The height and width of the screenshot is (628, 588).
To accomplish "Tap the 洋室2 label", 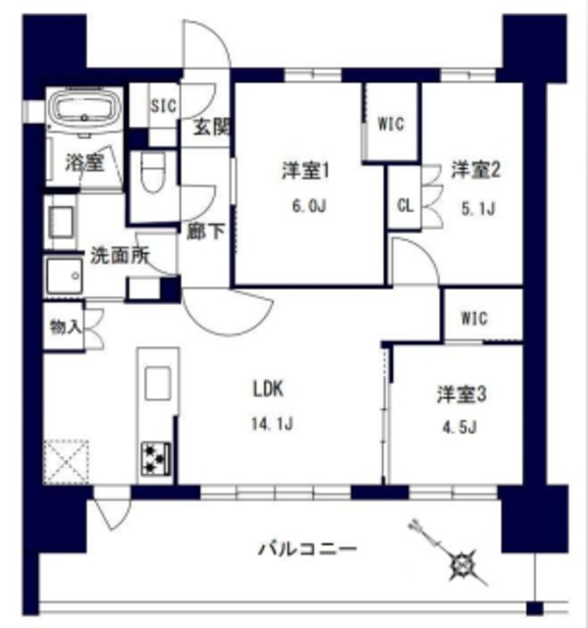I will pyautogui.click(x=476, y=171).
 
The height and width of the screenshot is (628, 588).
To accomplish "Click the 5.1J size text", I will pyautogui.click(x=476, y=207).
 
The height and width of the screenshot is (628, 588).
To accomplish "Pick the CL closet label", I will pyautogui.click(x=404, y=205).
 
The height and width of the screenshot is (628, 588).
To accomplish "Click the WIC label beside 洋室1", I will pyautogui.click(x=392, y=124).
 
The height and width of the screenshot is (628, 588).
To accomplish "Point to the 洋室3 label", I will pyautogui.click(x=462, y=394).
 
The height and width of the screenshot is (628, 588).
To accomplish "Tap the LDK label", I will pyautogui.click(x=268, y=389).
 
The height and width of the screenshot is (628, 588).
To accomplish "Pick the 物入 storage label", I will pyautogui.click(x=66, y=326).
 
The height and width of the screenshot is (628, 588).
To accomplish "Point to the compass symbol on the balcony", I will pyautogui.click(x=458, y=564).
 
